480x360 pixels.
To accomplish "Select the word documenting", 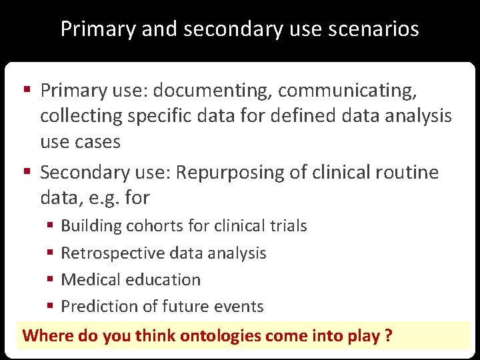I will click(196, 90).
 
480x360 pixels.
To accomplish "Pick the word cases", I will click(97, 141).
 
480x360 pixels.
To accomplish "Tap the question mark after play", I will click(388, 335).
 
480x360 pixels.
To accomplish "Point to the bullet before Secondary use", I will click(29, 173).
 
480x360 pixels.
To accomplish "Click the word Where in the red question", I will click(48, 335).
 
